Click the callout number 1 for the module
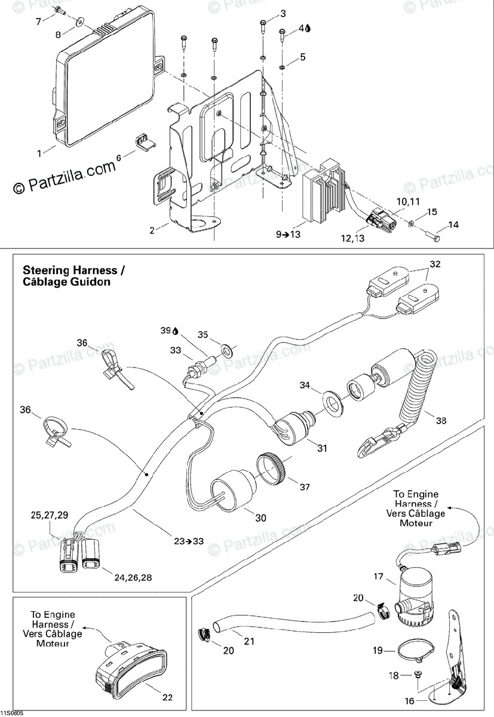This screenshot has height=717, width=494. coord(39,153)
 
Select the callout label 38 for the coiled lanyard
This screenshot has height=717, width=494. coord(441,421)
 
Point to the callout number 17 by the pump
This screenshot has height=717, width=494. coord(378,577)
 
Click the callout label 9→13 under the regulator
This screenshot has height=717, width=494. coord(288,235)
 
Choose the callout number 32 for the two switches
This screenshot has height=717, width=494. coord(435,263)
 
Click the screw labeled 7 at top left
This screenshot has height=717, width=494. coord(59,10)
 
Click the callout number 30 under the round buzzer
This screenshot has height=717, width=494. coord(260,517)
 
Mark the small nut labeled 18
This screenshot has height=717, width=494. coord(418,674)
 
